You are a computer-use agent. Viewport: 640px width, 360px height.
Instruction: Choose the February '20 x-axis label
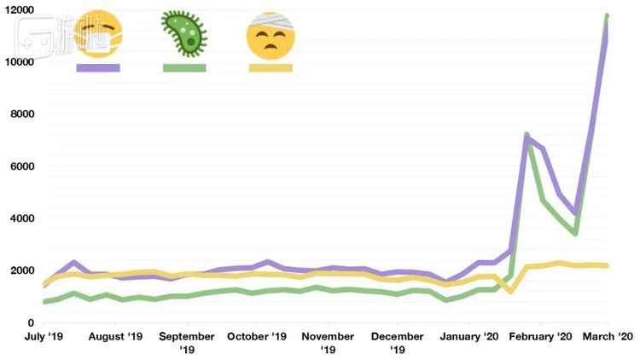point(539,337)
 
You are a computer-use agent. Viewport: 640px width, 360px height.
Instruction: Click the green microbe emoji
point(184,33)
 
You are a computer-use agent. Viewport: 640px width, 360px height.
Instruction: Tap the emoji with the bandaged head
point(270,35)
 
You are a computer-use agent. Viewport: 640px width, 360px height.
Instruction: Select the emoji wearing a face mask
point(97,35)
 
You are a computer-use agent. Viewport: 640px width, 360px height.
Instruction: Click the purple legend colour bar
point(97,67)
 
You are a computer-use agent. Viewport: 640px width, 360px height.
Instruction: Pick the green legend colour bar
point(184,67)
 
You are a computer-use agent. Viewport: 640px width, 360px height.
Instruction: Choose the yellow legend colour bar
point(271,67)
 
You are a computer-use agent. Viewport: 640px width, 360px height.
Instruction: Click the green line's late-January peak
point(527,134)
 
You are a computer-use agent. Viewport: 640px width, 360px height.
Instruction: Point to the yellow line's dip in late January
point(510,292)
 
